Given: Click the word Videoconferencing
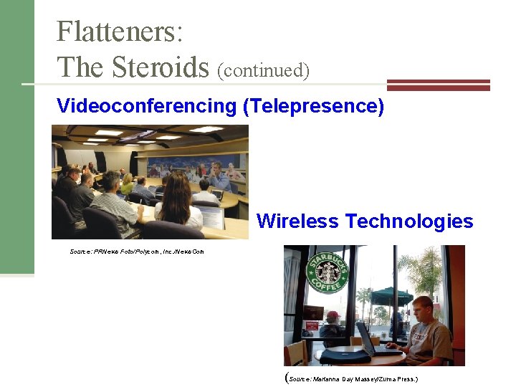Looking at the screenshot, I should click(146, 107).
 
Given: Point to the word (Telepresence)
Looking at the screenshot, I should click(314, 107).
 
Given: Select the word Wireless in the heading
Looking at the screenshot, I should click(297, 221).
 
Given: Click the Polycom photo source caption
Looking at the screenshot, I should click(137, 252).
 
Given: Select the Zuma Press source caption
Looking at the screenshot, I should click(351, 378).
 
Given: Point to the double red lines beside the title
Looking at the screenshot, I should click(438, 85).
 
